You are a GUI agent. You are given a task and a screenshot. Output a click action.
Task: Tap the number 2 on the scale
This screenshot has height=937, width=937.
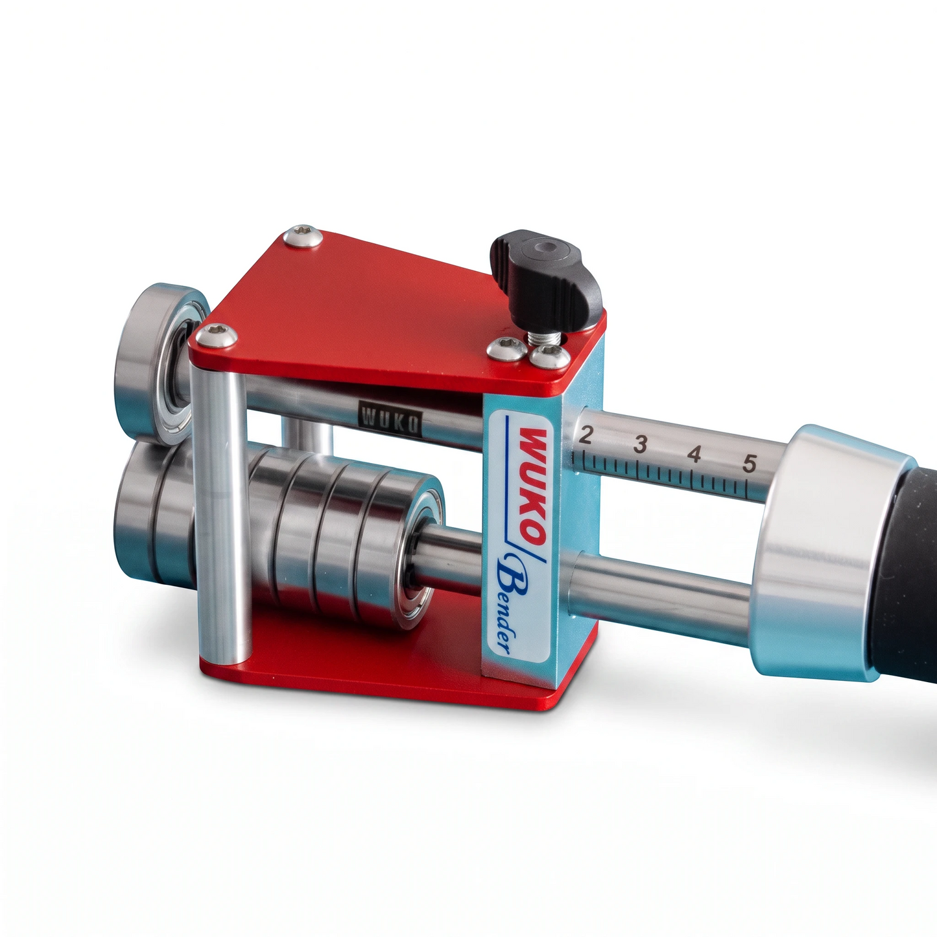[x=586, y=434]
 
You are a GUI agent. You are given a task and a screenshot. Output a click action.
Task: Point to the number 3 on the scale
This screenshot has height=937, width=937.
[x=641, y=444]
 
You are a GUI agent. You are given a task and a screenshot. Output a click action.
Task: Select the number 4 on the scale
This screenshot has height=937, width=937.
[x=695, y=453]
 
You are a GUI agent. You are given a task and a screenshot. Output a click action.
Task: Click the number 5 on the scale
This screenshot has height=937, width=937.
[x=750, y=464]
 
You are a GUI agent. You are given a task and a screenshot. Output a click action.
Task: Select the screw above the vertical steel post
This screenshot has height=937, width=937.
[x=216, y=335]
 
